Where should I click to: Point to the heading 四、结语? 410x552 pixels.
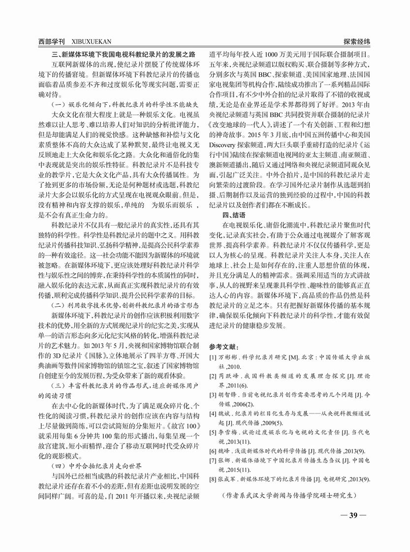coord(235,215)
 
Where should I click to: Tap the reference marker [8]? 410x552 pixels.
coord(213,478)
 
